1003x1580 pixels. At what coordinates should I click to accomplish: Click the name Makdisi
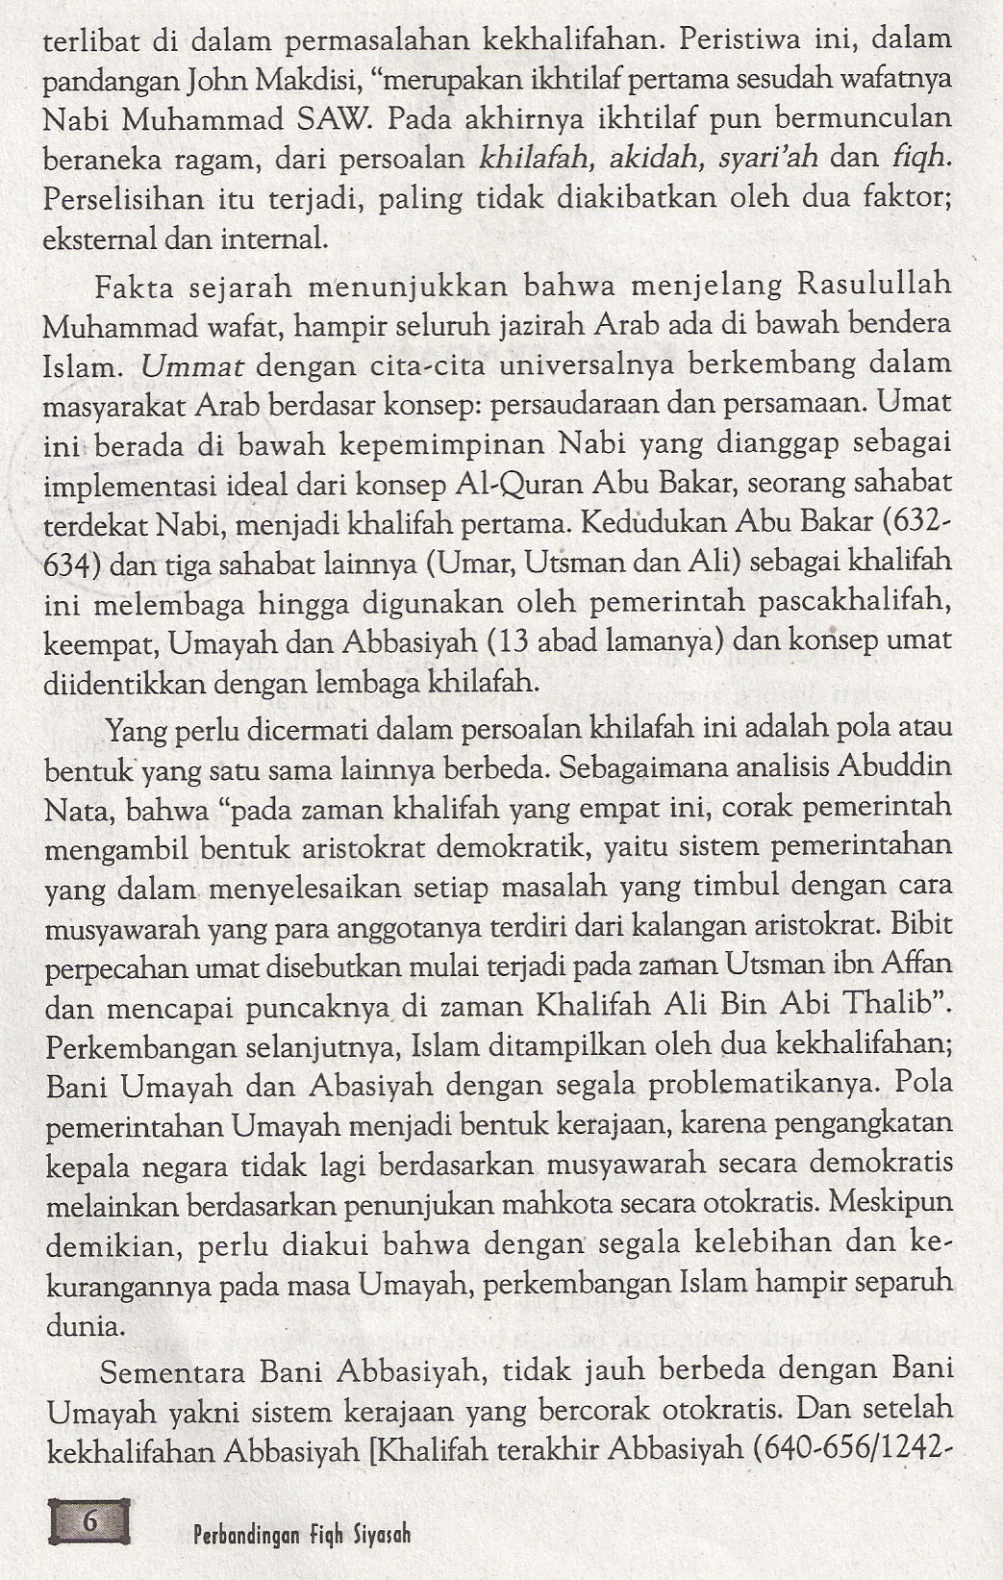tap(257, 81)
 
